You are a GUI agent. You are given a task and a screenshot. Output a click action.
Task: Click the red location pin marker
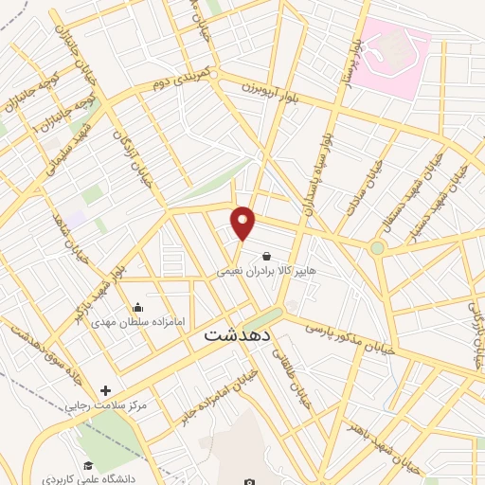(x=243, y=223)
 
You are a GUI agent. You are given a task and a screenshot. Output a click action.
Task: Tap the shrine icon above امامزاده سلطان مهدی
(x=138, y=306)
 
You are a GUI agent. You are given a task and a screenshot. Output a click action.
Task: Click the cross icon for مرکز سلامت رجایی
(x=104, y=389)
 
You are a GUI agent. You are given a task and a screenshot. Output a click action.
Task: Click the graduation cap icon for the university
(x=88, y=465)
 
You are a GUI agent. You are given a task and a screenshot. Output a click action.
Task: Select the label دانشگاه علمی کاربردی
(x=94, y=479)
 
